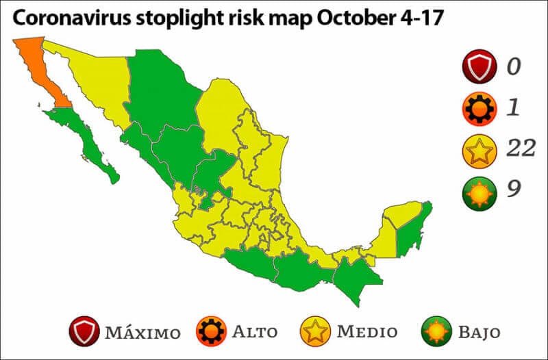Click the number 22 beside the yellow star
(x=521, y=147)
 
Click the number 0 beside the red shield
(x=514, y=66)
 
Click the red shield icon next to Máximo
(x=84, y=332)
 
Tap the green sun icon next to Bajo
(x=436, y=332)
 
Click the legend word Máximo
(x=142, y=333)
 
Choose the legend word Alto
(x=255, y=333)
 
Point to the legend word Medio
(x=367, y=333)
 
